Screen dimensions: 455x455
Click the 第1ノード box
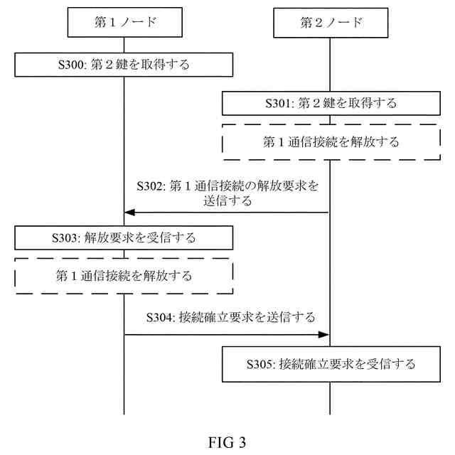coord(124,22)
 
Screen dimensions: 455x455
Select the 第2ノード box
coord(330,22)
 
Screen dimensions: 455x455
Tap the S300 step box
coord(124,66)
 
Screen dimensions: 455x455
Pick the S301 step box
coord(330,103)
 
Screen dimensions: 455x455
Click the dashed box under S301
coord(330,141)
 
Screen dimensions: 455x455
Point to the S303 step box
coord(124,237)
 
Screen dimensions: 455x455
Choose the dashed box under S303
coord(124,275)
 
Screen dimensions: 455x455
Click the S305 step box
coord(330,365)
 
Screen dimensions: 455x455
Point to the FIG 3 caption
coord(227,442)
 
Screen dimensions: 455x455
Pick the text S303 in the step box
coord(69,237)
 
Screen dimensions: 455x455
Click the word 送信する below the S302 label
coord(227,201)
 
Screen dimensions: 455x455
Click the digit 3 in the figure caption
coord(242,442)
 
